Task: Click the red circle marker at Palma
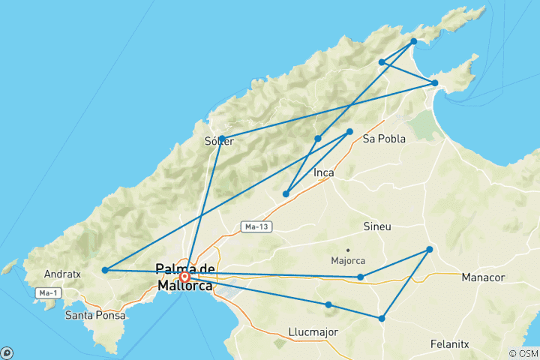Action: pos(184,277)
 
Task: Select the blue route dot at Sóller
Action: pos(221,139)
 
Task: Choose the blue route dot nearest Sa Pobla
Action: pos(349,132)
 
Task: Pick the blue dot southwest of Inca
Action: pos(286,194)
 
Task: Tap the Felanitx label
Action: pos(450,344)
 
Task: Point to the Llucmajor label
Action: pos(313,331)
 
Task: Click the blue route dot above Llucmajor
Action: pos(328,304)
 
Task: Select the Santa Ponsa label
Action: pos(94,316)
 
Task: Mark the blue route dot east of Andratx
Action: pos(105,270)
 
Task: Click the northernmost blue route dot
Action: pos(413,41)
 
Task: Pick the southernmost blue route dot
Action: pos(382,319)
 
